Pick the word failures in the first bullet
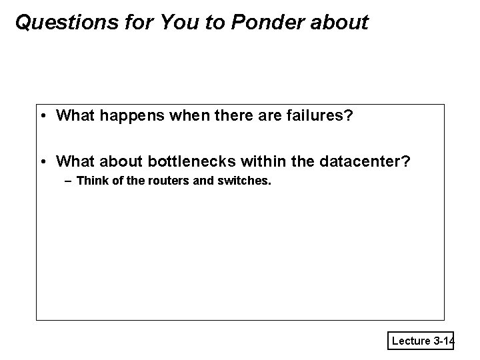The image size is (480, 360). tap(319, 116)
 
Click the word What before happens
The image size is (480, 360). tap(76, 116)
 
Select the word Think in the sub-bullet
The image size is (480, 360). tap(91, 180)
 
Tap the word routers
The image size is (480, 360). tap(163, 180)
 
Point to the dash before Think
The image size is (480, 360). tap(69, 180)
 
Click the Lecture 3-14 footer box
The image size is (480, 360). tap(421, 341)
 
